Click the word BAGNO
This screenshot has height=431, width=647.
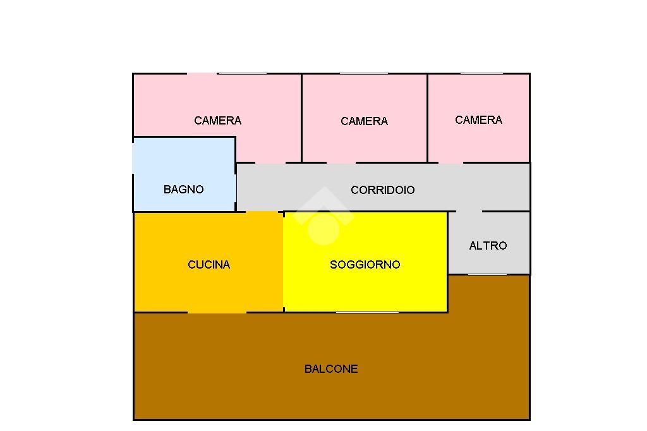183,189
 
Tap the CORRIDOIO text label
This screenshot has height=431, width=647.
382,190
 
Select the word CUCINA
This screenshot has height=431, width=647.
209,264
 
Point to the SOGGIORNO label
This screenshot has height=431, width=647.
365,264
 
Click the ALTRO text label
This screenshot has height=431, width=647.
488,245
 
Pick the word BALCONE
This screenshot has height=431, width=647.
331,368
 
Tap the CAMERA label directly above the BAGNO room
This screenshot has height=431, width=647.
217,120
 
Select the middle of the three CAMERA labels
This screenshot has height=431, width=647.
364,121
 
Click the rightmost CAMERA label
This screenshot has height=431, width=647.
478,119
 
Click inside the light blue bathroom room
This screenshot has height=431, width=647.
183,164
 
